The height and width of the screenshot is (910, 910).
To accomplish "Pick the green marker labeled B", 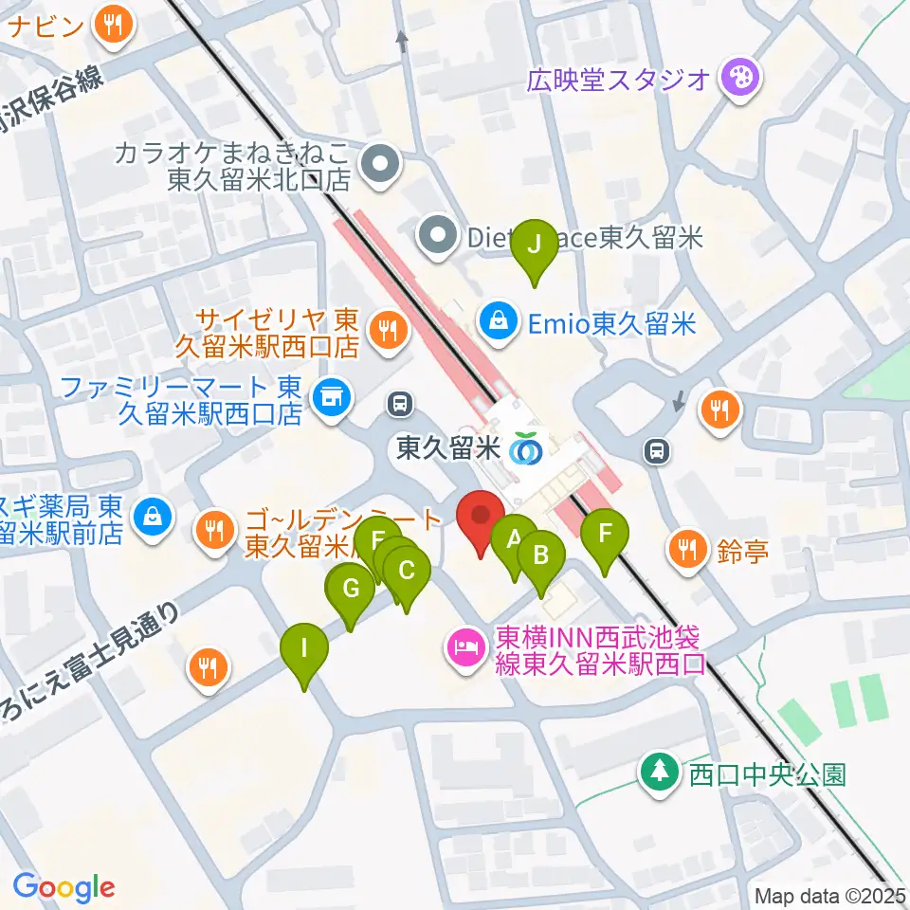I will point(541,555).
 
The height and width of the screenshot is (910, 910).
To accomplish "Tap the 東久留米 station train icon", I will point(524,449).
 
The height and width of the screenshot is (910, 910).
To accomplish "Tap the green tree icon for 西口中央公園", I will point(659,770).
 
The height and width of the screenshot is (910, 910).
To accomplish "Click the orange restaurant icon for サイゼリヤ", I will point(388,331).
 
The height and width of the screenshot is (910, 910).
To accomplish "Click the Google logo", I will point(64,887).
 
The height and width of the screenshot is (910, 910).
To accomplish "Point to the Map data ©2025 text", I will point(830,895).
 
